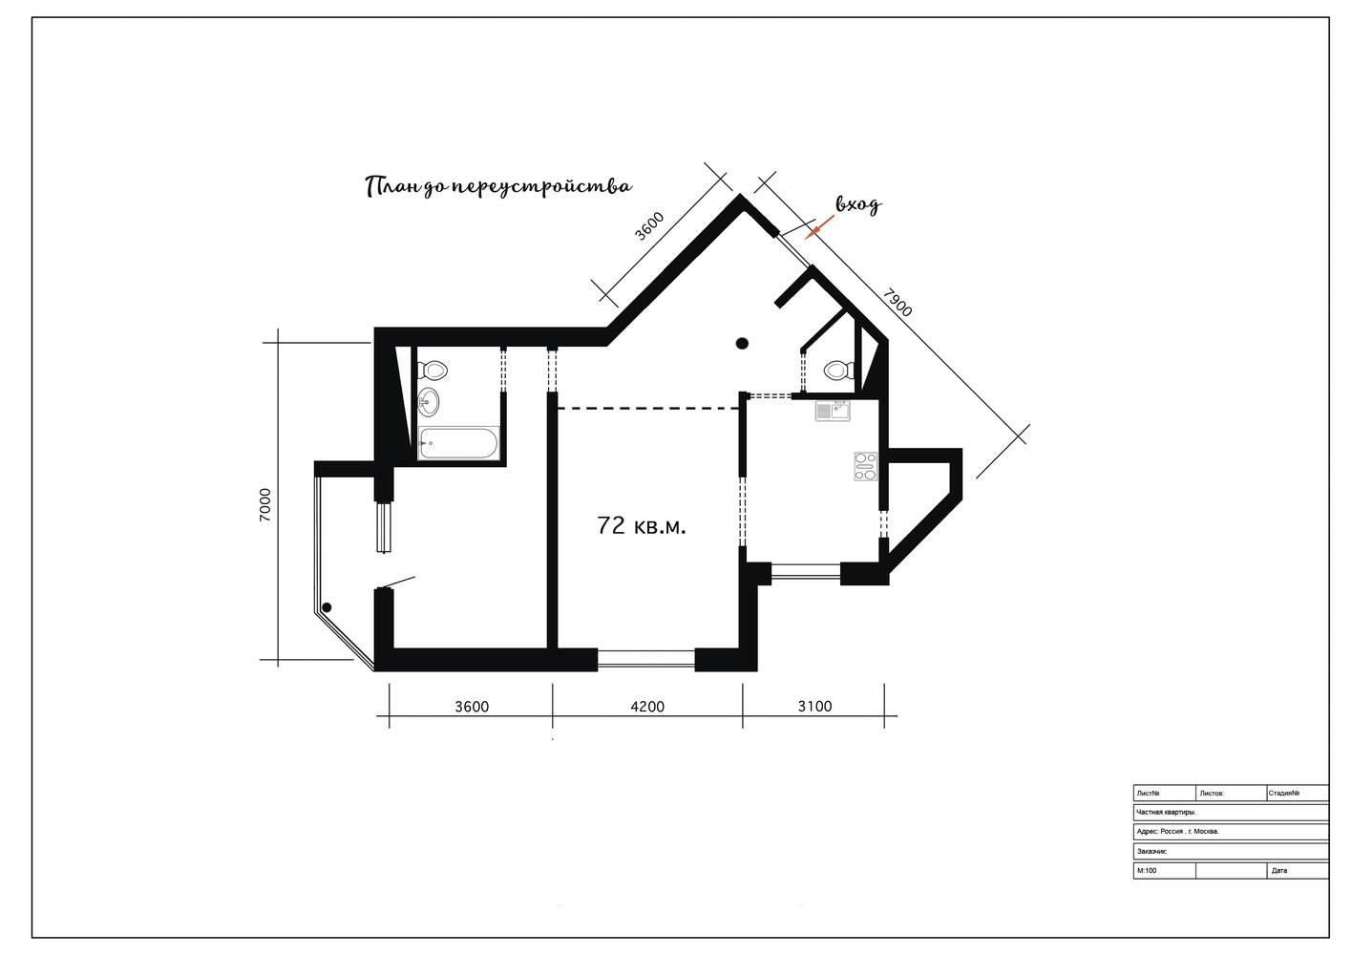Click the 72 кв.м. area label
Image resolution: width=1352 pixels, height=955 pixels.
tap(642, 526)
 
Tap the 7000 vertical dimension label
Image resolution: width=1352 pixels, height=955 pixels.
tap(265, 505)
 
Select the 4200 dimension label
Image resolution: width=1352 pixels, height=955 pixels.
tap(647, 707)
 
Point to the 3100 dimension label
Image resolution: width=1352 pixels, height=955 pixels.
tap(814, 707)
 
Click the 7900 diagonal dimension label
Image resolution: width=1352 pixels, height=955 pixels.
tap(898, 303)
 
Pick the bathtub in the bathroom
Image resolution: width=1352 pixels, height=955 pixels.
tap(458, 443)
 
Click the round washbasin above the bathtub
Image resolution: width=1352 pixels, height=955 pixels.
tap(429, 401)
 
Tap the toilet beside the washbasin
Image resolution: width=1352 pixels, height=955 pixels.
tap(433, 369)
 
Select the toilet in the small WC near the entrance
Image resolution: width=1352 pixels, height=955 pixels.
tap(839, 370)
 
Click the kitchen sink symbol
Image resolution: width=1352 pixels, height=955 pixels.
tap(833, 411)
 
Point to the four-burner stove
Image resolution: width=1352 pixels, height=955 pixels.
tap(865, 466)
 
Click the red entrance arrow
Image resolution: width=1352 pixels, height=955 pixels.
tap(819, 227)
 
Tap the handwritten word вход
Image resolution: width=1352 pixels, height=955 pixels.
tap(858, 205)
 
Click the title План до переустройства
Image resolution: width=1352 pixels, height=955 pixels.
tap(498, 187)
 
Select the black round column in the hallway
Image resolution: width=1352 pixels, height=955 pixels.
tap(743, 344)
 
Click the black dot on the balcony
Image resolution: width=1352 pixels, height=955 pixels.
tap(327, 607)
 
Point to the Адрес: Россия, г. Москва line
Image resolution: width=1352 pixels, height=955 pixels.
tap(1177, 831)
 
